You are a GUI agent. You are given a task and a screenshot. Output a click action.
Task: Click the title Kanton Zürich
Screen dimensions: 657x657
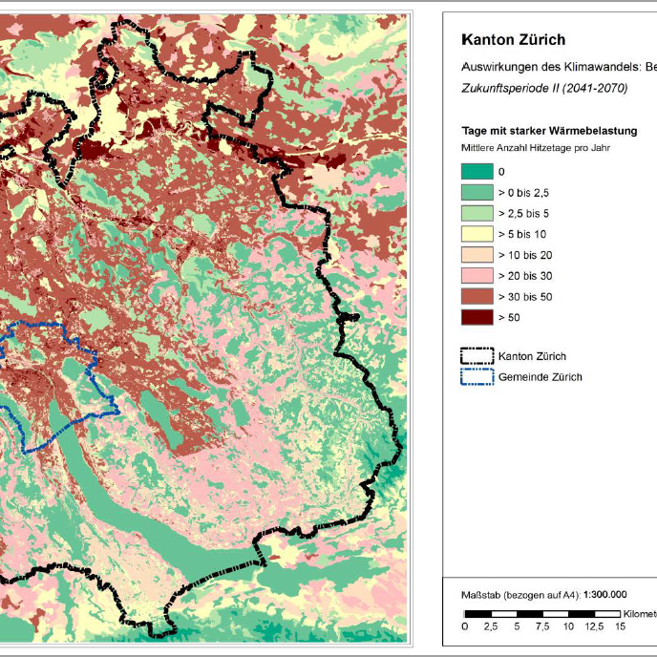click(513, 40)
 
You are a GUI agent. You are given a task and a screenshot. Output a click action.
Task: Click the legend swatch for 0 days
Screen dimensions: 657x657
click(477, 172)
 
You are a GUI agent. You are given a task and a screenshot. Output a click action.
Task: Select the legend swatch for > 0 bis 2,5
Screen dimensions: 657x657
click(477, 193)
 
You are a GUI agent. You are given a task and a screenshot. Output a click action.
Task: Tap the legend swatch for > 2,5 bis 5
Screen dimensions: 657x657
click(477, 214)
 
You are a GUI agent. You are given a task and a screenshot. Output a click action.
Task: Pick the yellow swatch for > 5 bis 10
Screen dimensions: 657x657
click(477, 234)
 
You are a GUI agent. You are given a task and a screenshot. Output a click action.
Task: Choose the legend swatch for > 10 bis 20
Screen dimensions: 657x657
click(477, 255)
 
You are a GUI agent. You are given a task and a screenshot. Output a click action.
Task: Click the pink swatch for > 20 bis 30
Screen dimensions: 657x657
click(477, 276)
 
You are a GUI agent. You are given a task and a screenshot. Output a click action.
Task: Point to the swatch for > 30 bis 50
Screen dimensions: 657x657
click(477, 297)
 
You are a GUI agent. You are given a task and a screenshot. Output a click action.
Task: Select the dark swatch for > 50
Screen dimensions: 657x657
click(477, 317)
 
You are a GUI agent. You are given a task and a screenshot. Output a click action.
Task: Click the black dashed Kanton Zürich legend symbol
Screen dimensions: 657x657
click(477, 356)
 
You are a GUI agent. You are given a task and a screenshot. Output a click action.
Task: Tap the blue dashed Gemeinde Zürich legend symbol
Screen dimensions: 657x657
click(477, 377)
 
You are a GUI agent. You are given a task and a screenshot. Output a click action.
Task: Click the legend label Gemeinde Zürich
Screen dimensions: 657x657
click(540, 377)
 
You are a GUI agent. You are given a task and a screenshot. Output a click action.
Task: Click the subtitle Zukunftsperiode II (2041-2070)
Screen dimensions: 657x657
click(544, 87)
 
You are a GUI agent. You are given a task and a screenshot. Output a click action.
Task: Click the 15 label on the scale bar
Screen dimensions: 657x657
click(620, 626)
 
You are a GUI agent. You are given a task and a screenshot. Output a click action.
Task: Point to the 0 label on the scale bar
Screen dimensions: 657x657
click(465, 626)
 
